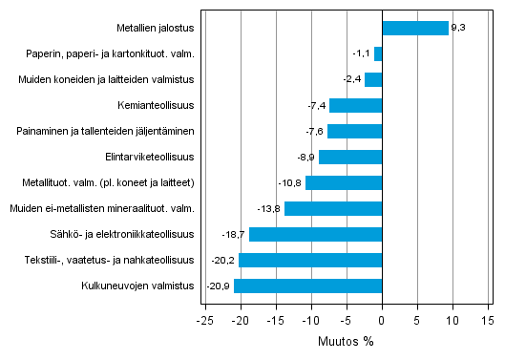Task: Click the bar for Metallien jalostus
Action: coord(415,29)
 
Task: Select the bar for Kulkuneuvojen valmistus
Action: coord(307,286)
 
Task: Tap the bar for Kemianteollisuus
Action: coord(355,105)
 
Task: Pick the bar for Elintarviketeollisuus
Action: coord(349,157)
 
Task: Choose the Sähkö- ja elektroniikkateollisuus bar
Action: coord(315,234)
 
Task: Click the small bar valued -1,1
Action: coord(378,54)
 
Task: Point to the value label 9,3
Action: coord(458,29)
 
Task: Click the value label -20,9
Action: coord(219,286)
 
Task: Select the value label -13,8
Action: coord(270,208)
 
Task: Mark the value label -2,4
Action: coord(351,80)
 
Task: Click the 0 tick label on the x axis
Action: coord(382,320)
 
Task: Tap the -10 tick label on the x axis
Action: coord(310,320)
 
